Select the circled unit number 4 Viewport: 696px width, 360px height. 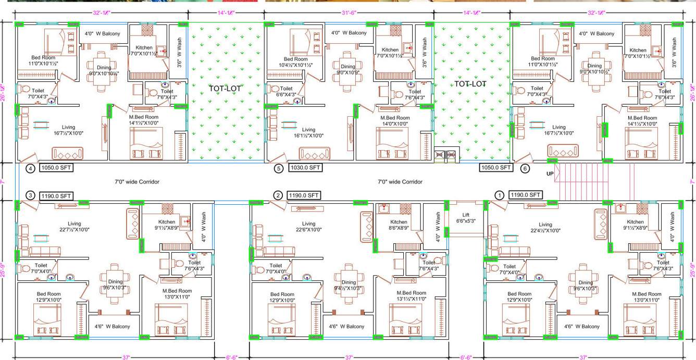31,168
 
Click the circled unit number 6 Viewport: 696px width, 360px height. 525,168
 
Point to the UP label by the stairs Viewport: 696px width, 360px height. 550,173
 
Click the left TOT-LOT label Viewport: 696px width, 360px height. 225,89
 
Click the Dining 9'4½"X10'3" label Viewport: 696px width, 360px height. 348,284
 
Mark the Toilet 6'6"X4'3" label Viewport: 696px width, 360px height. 285,92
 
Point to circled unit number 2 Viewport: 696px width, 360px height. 278,195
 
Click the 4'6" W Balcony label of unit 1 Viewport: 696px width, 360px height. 582,327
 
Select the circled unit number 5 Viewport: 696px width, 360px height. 278,168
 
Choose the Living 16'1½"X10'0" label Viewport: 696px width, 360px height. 308,132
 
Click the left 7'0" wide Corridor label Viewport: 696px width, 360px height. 137,182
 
